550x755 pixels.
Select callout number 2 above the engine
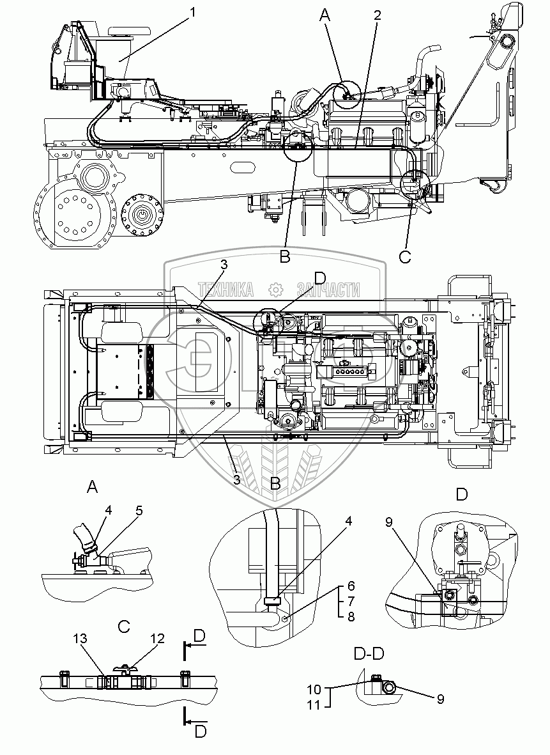click(378, 16)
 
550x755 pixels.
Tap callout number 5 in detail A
click(139, 511)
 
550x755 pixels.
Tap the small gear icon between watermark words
click(275, 290)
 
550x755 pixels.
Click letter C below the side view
click(405, 257)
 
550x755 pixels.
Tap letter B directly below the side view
click(285, 258)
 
